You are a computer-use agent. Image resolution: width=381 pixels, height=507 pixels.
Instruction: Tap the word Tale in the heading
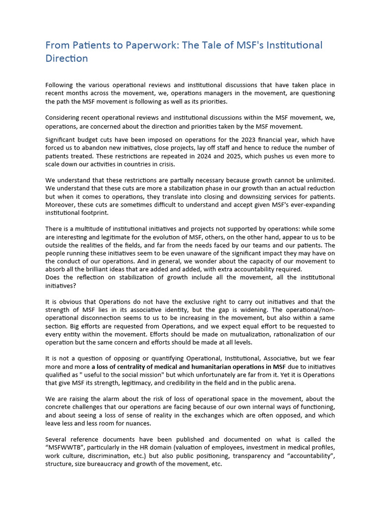[191, 46]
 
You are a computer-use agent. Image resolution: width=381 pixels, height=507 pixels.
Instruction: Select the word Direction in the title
[66, 58]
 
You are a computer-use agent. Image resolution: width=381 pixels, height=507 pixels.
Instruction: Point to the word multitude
[95, 229]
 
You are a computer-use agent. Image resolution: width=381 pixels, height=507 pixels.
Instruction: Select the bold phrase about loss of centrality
[188, 366]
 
